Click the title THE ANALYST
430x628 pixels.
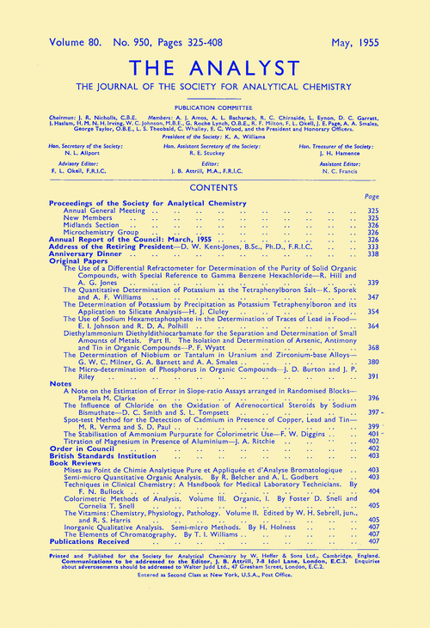(215, 64)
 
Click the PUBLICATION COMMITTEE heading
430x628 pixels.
(215, 109)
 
